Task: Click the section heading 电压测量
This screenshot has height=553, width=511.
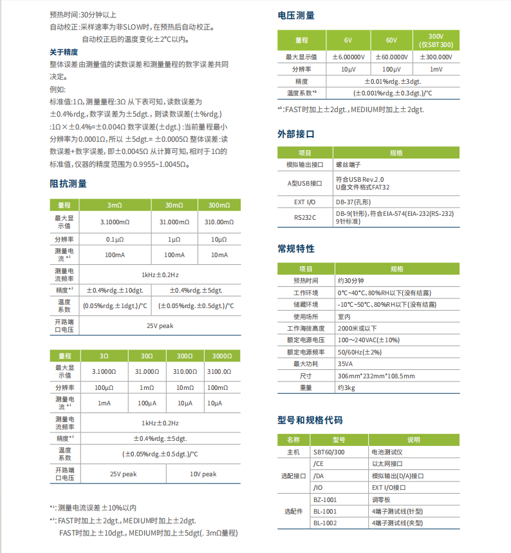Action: [295, 15]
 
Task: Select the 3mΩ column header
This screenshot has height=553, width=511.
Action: [114, 205]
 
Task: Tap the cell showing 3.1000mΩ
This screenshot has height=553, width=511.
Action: [114, 222]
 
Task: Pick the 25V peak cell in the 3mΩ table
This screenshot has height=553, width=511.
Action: [159, 325]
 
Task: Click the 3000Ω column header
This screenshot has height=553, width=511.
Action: [222, 356]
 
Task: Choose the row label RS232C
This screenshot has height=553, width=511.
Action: [305, 217]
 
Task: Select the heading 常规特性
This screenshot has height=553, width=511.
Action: [295, 249]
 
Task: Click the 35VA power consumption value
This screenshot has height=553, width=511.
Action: [346, 364]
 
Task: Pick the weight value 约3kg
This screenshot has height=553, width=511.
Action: [346, 387]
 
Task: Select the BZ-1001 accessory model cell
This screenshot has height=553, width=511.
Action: [325, 500]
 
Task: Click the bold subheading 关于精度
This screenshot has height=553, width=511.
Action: [64, 52]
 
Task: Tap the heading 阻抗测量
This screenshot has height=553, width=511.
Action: [68, 184]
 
